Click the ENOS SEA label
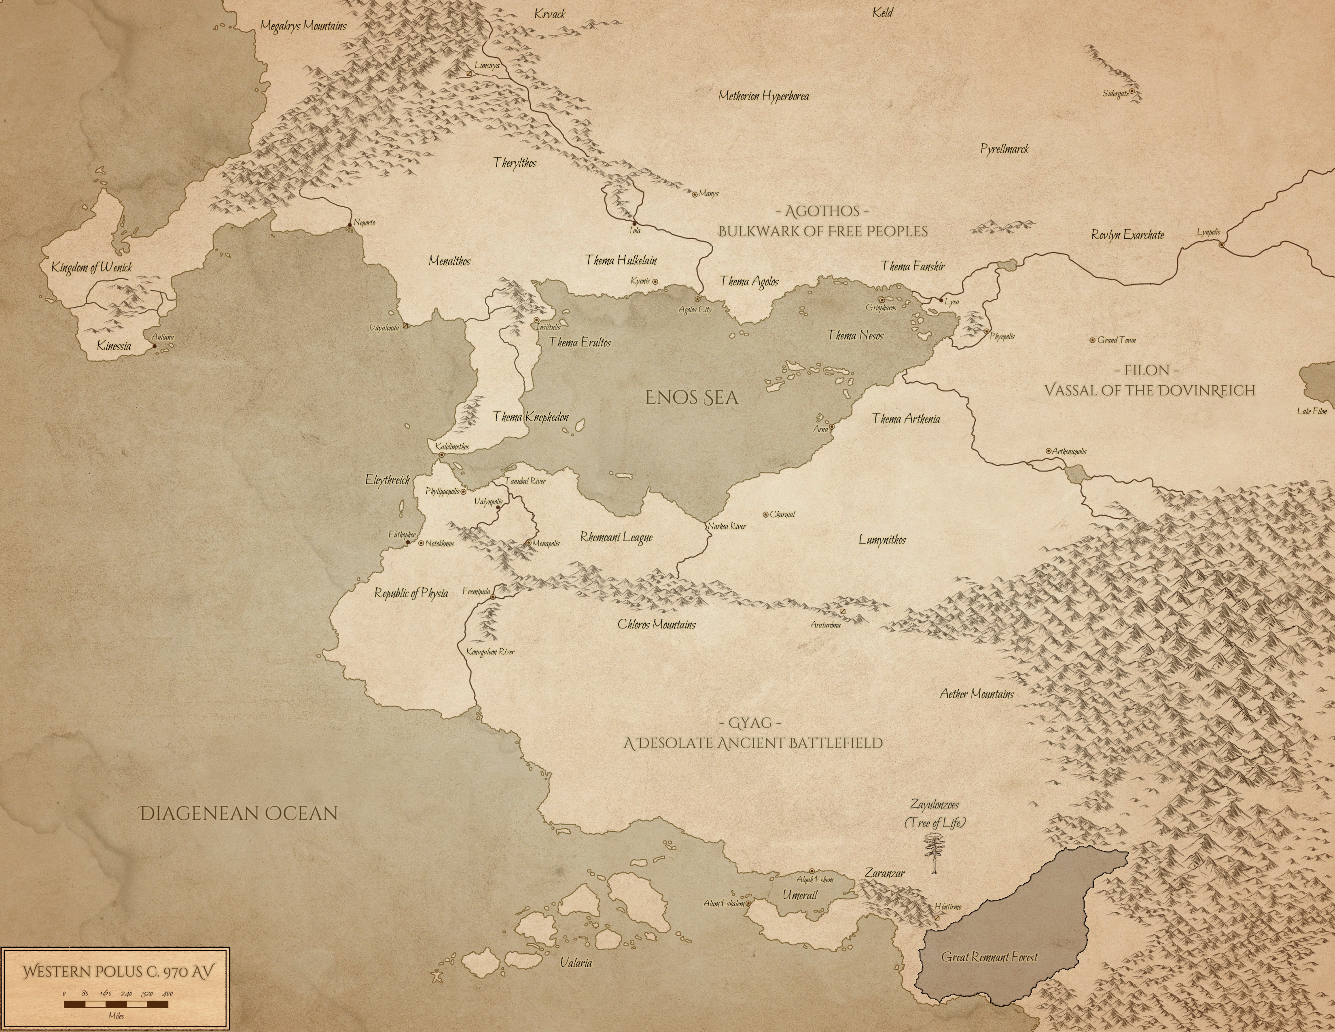(x=692, y=398)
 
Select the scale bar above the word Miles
(x=116, y=1004)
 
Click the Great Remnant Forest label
(x=989, y=957)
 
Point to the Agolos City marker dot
(x=697, y=299)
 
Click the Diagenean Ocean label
(x=238, y=813)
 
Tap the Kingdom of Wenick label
(x=92, y=268)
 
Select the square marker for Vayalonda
(x=405, y=327)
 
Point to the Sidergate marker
(x=1132, y=91)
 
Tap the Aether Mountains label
(x=977, y=694)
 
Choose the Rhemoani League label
(x=616, y=537)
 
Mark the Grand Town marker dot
(x=1092, y=340)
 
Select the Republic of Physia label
(x=411, y=593)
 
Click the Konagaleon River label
(x=490, y=652)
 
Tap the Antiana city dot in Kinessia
(x=154, y=346)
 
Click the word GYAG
(x=752, y=723)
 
